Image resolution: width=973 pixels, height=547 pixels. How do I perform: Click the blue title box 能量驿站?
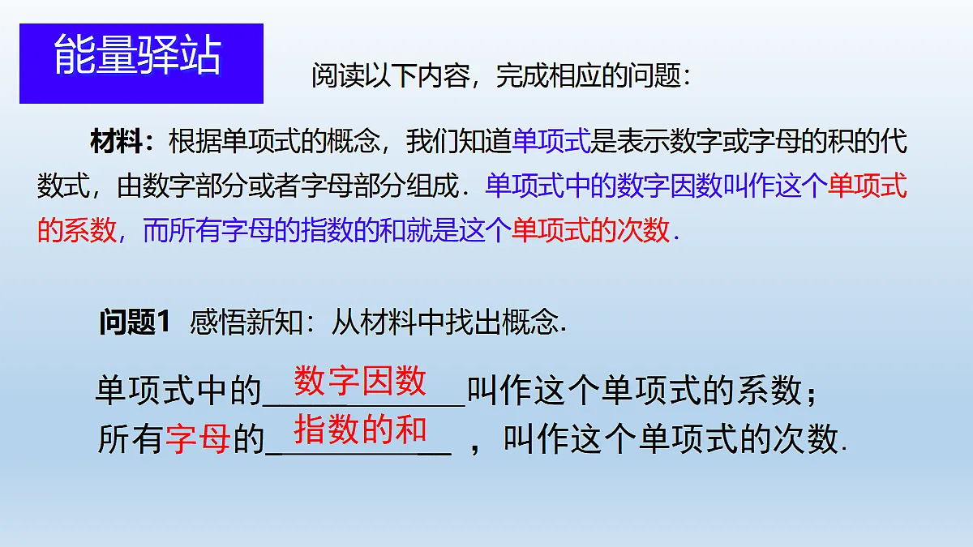pos(141,63)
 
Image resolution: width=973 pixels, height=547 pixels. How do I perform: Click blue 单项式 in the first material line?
pos(551,143)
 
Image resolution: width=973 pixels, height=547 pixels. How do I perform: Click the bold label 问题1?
pos(134,323)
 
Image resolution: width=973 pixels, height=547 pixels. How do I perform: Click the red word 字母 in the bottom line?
pos(198,440)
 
